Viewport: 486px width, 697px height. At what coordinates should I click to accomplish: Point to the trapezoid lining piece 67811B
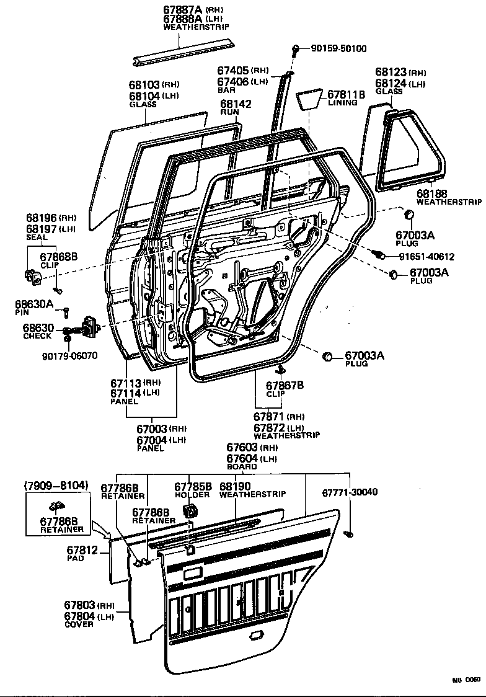coord(309,100)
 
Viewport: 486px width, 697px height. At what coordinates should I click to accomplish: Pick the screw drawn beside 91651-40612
coord(376,254)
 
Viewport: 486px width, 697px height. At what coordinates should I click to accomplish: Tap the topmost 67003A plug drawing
coord(409,215)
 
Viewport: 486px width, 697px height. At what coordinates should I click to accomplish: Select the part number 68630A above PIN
coord(39,304)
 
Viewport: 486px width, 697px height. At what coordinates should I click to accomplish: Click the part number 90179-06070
coord(70,356)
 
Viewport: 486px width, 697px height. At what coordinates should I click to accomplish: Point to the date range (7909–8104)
coord(56,484)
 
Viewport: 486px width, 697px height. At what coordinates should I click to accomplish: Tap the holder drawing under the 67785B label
coord(189,512)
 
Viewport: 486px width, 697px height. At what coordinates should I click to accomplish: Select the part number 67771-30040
coord(350,492)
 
